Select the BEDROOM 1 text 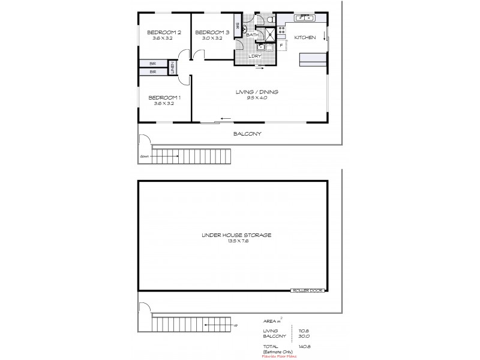click(x=164, y=98)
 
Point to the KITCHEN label click(x=304, y=38)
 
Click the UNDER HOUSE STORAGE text click(x=237, y=235)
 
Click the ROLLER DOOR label click(x=307, y=290)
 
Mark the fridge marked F click(x=281, y=44)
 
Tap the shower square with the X click(x=269, y=35)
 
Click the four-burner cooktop click(x=281, y=28)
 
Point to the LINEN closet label click(x=172, y=67)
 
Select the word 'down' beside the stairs click(x=144, y=156)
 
